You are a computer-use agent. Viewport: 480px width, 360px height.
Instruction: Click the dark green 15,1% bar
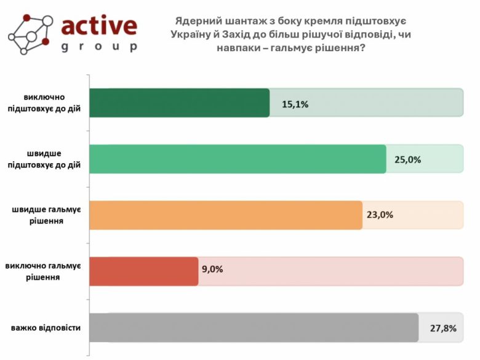(x=180, y=103)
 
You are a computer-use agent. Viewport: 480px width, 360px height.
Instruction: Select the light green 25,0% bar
(x=238, y=159)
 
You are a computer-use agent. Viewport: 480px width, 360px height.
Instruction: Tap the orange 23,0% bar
(x=226, y=215)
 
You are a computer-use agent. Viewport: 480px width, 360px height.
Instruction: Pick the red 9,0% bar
(x=144, y=271)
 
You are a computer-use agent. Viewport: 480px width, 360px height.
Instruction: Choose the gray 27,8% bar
(x=254, y=327)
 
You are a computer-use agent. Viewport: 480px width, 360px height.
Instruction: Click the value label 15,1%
(x=295, y=104)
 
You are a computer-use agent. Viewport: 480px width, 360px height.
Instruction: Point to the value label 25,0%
(x=407, y=159)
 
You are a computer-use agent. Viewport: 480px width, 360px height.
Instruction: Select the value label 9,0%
(x=212, y=269)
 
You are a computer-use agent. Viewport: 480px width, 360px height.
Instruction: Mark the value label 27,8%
(x=443, y=328)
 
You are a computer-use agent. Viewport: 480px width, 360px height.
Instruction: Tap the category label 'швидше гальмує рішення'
(x=47, y=215)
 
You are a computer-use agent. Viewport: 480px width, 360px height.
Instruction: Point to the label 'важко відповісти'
(x=46, y=327)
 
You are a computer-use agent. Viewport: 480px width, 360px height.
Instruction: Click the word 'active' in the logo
(x=99, y=25)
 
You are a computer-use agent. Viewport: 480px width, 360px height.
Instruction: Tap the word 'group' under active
(x=99, y=47)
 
